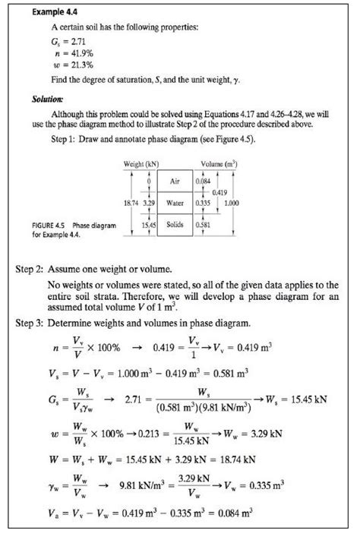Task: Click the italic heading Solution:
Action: click(x=47, y=99)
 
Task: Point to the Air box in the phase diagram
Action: click(x=174, y=182)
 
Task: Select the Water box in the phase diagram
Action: click(x=175, y=203)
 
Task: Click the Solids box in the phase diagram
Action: click(x=175, y=225)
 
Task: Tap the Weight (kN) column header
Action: click(x=141, y=165)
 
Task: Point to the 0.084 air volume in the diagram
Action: click(x=204, y=182)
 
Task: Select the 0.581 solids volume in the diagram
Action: click(x=204, y=225)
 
